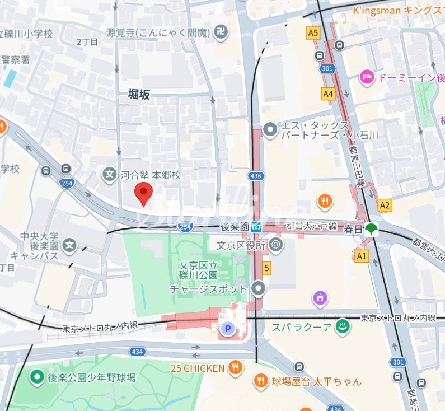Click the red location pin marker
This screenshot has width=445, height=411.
tap(144, 194)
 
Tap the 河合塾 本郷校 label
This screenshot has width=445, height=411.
tap(149, 176)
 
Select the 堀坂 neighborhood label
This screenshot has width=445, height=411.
tap(139, 95)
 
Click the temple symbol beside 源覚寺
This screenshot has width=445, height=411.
tap(222, 32)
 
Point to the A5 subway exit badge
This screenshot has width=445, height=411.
tap(313, 33)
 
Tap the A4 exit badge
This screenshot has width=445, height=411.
tap(328, 94)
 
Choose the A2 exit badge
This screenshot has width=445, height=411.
tap(385, 205)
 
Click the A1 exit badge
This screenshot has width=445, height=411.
tap(362, 255)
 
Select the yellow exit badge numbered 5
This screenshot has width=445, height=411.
tap(266, 268)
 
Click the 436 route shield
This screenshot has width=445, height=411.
tap(256, 176)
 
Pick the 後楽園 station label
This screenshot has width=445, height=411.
tap(234, 227)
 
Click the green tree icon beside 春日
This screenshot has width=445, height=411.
tap(371, 228)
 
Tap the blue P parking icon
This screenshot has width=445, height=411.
tap(228, 329)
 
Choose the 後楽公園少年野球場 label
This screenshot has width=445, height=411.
tap(91, 377)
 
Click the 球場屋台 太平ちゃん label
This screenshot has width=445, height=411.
tap(316, 382)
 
